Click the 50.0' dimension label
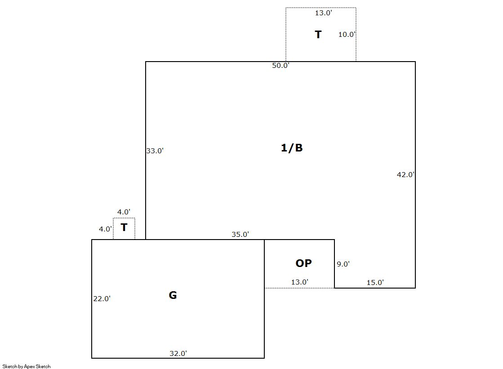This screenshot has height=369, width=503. coord(280,66)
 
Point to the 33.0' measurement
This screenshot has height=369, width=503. coord(155,151)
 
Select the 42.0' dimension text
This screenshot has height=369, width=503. coord(406,174)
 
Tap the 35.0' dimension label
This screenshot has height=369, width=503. coord(240,235)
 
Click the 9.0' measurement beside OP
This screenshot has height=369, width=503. coord(343,264)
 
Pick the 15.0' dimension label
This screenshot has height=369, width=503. coord(375,283)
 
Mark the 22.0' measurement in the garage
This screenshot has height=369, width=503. coord(102,299)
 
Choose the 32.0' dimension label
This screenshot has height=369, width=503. coord(178,354)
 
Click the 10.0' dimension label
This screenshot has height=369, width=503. coord(347,34)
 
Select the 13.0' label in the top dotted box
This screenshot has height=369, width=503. coord(323,13)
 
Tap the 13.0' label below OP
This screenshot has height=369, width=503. coord(300,282)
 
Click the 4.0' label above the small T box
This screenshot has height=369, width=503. coord(124,212)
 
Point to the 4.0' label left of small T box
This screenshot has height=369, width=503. coord(106,229)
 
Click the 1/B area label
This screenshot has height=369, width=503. coord(292,147)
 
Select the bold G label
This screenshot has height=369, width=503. coord(173,295)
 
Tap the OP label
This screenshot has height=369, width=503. coord(303,263)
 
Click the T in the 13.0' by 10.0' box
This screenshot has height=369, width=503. coord(318,34)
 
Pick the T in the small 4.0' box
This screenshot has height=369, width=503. coord(124,227)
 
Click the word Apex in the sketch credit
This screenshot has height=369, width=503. coord(30,366)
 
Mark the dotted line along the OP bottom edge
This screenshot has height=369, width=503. coord(299,288)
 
